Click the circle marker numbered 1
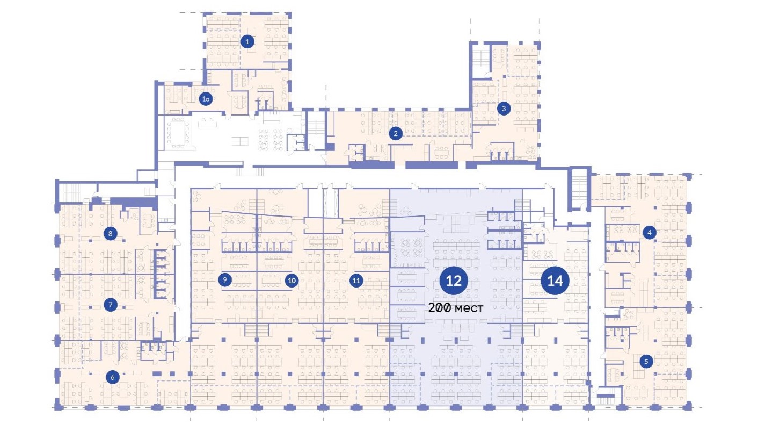247,42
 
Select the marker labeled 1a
206,99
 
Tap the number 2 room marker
396,133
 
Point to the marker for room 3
504,109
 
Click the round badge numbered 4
649,233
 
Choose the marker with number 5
646,361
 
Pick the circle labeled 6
112,377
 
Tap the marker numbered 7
110,305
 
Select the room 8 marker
110,234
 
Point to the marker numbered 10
292,281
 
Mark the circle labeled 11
356,281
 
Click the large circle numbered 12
454,281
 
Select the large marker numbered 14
555,281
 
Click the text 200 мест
456,308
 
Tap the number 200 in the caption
440,307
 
